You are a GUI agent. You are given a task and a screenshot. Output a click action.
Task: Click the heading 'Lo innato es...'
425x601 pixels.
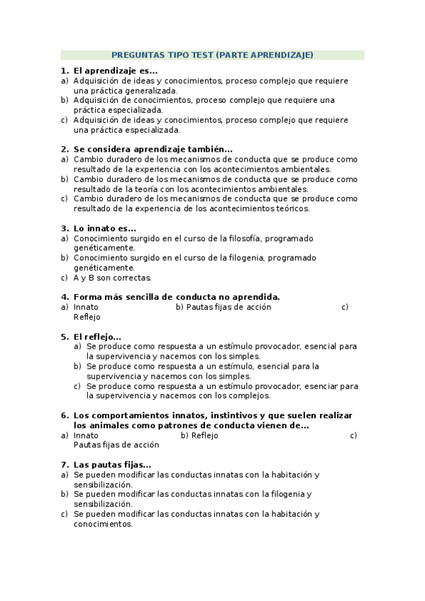(104, 228)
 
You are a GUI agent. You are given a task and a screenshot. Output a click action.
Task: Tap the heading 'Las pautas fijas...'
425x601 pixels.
(112, 464)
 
